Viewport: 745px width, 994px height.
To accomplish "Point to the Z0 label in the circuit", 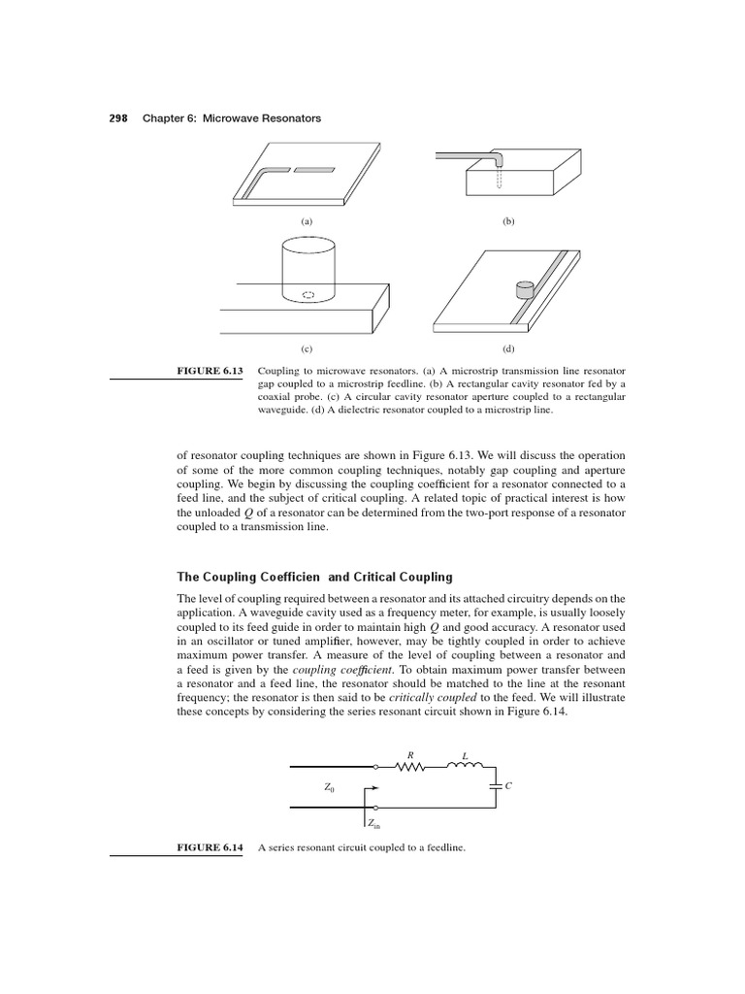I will pos(330,787).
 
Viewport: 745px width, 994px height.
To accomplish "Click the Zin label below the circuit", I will pos(373,824).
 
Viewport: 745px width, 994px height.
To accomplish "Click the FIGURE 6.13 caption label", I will pos(211,370).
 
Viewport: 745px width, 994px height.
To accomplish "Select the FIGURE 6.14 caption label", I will pos(211,847).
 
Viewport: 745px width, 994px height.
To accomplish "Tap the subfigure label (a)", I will pos(308,221).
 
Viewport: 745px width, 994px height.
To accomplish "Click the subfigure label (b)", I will pos(507,221).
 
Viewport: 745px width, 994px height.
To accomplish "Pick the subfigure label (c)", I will pos(308,348).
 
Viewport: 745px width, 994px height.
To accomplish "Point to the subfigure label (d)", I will pos(507,348).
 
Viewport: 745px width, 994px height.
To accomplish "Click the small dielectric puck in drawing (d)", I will pos(525,288).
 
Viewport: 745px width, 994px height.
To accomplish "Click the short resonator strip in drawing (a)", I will pos(313,171).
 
